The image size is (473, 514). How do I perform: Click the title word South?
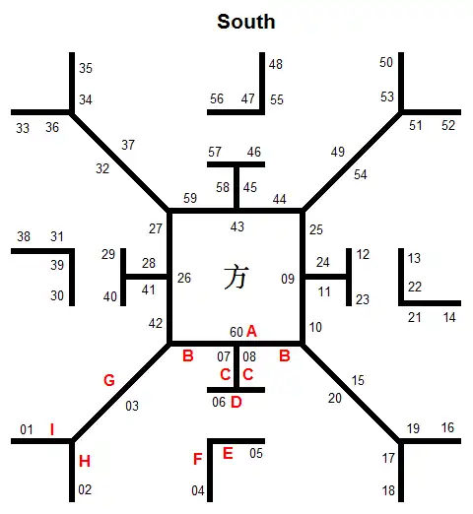pos(246,22)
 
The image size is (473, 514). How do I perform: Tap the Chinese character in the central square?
pos(236,278)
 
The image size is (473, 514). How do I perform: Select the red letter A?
pos(251,331)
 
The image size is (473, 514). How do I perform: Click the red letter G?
pos(109,380)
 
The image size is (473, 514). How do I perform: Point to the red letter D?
pos(236,402)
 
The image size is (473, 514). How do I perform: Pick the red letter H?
pos(85,461)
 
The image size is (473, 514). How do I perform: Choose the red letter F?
pos(197,459)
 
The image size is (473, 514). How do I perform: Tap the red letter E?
pos(228,453)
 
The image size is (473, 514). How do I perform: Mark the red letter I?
pos(52,429)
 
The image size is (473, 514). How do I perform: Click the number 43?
pos(237,226)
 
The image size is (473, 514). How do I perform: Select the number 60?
pos(236,332)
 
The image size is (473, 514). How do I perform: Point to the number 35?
pos(86,68)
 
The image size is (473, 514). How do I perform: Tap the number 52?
pos(448,125)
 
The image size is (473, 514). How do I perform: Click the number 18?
pos(388,490)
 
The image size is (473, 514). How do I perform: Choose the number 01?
pos(27,429)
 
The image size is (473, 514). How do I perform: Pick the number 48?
pos(276,64)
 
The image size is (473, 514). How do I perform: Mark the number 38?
pos(24,236)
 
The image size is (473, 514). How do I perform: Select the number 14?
pos(449,317)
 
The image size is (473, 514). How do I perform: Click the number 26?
pos(184,278)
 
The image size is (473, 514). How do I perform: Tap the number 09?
pos(288,279)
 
